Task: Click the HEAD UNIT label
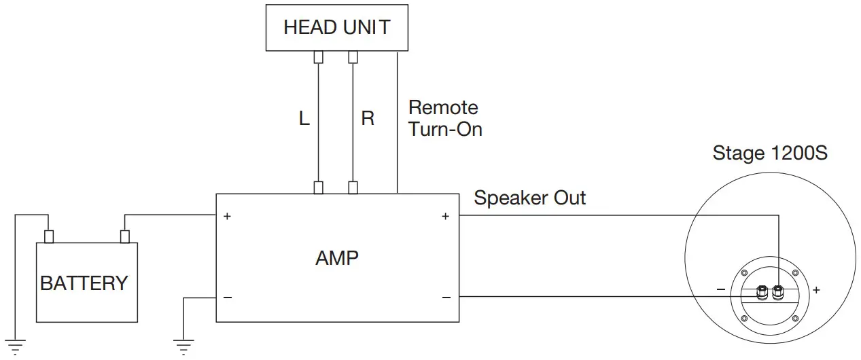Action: (x=336, y=28)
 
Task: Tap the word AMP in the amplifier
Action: (x=337, y=258)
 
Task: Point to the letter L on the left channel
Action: (x=304, y=119)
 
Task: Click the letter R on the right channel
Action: (x=368, y=119)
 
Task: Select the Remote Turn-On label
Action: (x=445, y=118)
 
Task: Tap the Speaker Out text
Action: (x=529, y=198)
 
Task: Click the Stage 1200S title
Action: (x=769, y=154)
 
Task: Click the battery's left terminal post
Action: (x=48, y=236)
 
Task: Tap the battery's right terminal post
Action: (x=124, y=236)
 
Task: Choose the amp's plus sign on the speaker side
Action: (x=446, y=217)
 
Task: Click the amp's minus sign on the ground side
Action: (x=227, y=298)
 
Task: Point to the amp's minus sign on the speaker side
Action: (x=446, y=298)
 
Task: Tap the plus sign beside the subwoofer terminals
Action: (x=815, y=290)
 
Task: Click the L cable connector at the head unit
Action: (x=318, y=57)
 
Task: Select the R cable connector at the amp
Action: (x=353, y=187)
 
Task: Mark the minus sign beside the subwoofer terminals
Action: (x=720, y=290)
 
